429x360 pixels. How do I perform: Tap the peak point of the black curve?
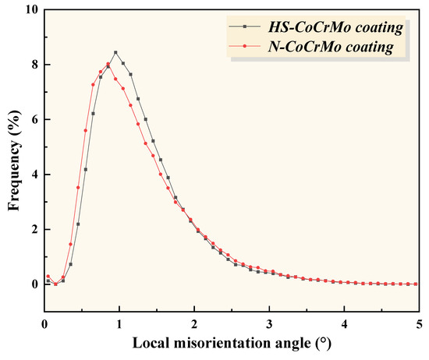115,52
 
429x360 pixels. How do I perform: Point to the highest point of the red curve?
108,64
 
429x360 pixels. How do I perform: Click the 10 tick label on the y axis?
30,10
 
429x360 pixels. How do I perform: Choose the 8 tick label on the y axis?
33,65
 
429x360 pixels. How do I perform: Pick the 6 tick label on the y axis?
33,120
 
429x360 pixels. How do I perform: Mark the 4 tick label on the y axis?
33,175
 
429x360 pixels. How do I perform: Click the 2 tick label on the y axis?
33,230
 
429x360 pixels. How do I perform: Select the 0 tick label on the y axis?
33,284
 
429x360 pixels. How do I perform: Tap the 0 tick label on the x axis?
44,323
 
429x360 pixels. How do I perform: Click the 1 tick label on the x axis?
119,323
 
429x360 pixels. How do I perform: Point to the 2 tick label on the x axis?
194,323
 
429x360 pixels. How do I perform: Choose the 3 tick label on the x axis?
269,323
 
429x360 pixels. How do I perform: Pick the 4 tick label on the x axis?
344,323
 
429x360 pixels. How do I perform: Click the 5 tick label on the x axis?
419,323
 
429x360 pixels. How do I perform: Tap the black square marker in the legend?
245,29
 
